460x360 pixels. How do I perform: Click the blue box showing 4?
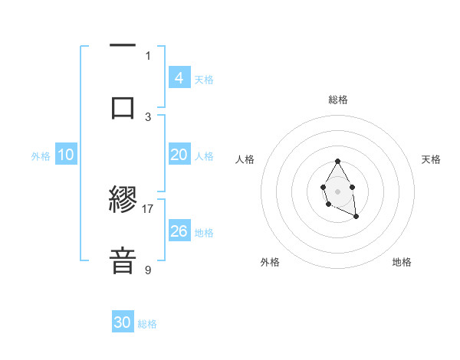coord(179,78)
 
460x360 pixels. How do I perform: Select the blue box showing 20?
coord(179,155)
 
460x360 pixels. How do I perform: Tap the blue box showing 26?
coord(179,231)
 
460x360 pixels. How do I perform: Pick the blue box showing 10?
coord(66,155)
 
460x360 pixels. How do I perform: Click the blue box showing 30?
coord(123,322)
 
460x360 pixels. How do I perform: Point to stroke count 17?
coord(148,208)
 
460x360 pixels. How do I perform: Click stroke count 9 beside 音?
coord(148,270)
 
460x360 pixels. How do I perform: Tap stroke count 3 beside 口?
coord(148,116)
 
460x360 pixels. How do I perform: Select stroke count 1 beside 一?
coord(148,55)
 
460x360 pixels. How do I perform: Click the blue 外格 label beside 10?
coord(41,155)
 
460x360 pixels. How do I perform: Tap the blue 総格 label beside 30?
coord(147,324)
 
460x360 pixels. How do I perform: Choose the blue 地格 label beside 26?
coord(204,233)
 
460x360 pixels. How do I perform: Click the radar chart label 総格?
coord(337,100)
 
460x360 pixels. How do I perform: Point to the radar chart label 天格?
coord(431,159)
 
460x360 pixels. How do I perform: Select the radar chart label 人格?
coord(245,159)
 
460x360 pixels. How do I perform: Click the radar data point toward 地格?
coord(356,218)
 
